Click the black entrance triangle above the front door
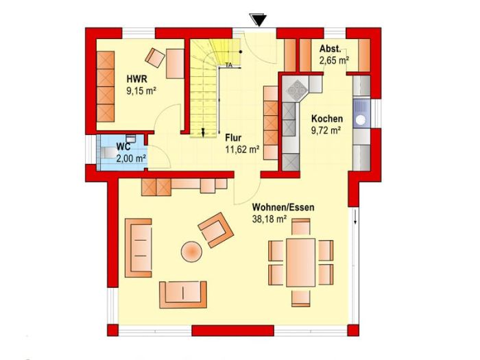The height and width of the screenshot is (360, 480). click(259, 20)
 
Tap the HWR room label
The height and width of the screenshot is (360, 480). click(137, 79)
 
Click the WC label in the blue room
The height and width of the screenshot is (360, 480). click(123, 147)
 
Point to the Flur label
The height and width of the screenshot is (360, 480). click(233, 137)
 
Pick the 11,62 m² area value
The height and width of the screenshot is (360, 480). click(243, 149)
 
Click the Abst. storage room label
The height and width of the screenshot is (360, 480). click(330, 49)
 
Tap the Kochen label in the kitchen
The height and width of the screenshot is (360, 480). click(327, 119)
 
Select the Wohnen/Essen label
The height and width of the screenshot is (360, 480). click(283, 207)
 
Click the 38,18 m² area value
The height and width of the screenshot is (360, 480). click(269, 219)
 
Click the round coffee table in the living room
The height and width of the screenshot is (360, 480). click(191, 252)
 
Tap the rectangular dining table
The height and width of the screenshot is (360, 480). click(300, 263)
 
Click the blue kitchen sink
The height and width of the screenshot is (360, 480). click(361, 112)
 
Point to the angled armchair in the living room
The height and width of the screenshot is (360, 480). click(216, 230)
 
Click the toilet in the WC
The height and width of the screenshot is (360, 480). click(106, 152)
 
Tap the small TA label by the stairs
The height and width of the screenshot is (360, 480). click(228, 65)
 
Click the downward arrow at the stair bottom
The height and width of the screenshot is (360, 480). click(203, 132)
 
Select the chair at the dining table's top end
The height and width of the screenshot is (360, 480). click(300, 227)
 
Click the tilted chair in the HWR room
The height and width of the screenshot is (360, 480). click(155, 58)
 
